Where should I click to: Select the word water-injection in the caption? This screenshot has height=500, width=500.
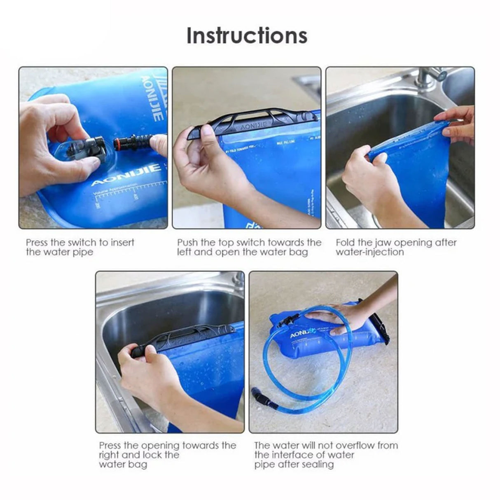pos(369,252)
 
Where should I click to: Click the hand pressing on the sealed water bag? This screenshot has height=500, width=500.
pos(334,319)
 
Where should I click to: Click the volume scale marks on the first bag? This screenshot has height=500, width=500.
pos(115,192)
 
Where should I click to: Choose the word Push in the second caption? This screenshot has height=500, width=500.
pos(188,243)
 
